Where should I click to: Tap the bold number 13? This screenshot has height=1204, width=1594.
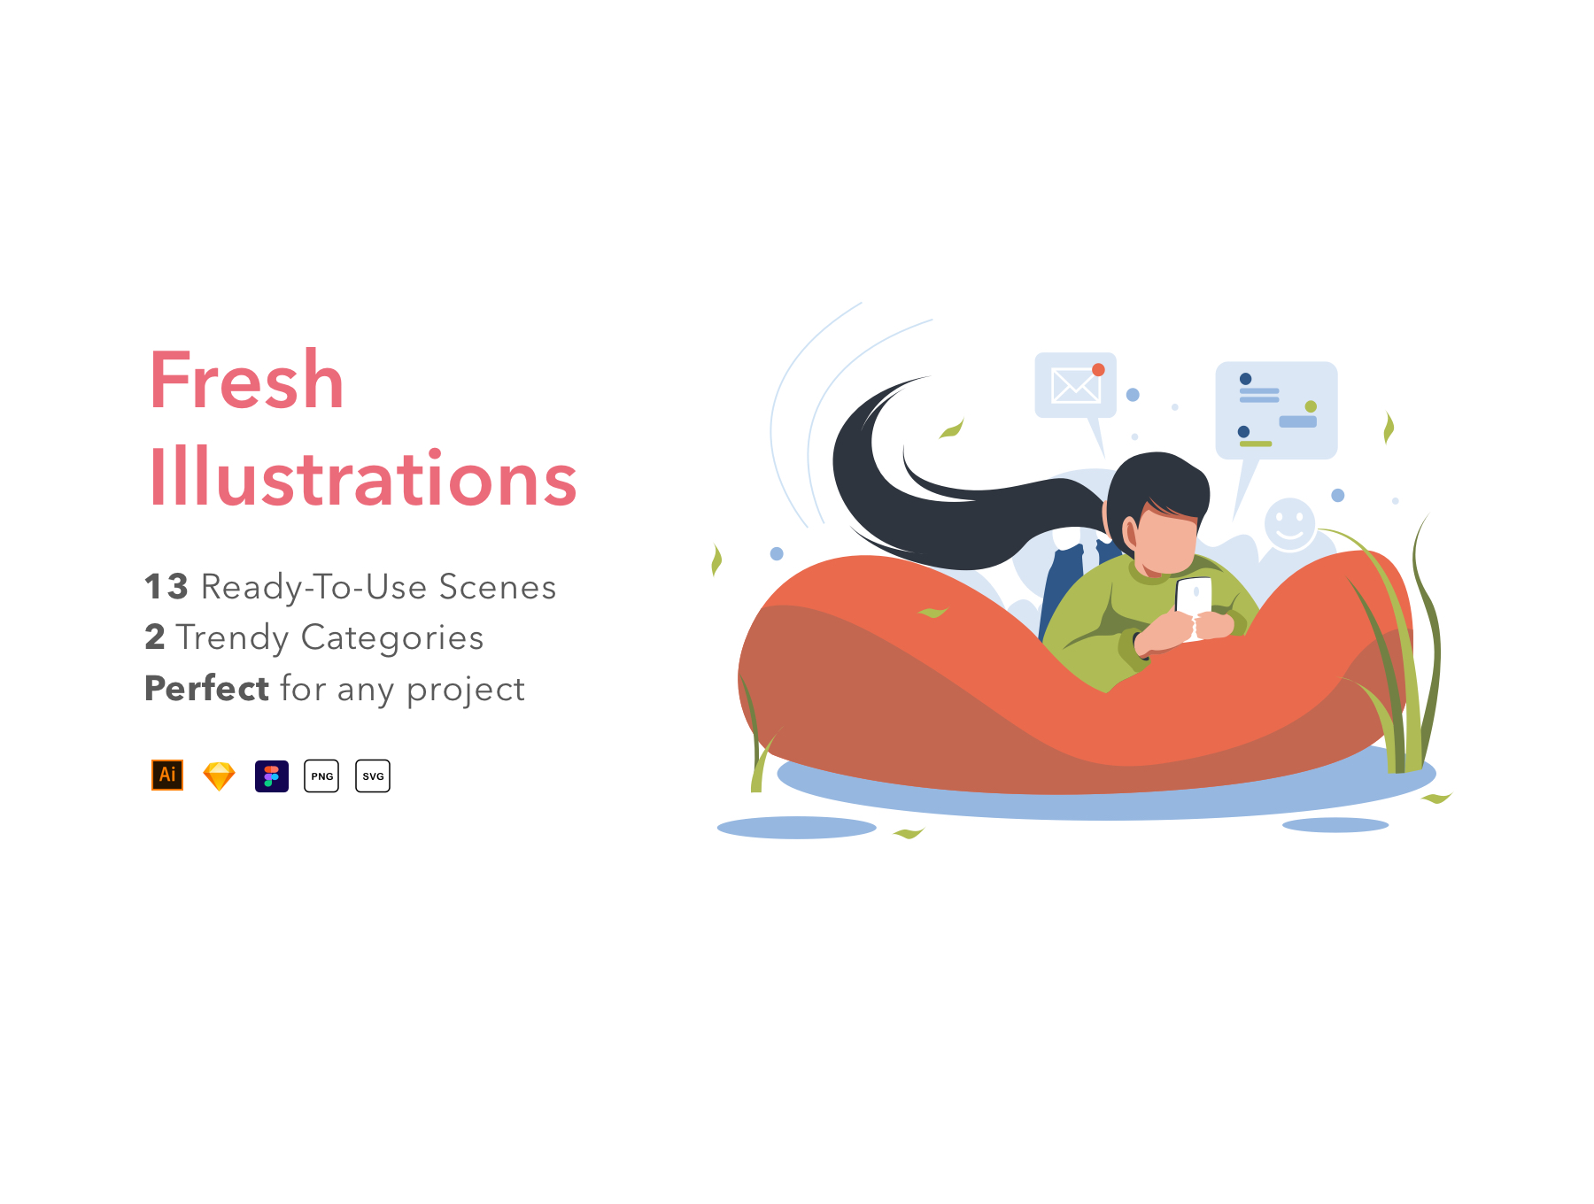[x=166, y=587]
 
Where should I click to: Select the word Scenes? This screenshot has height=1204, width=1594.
[x=498, y=587]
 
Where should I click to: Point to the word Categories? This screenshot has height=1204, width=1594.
[x=392, y=638]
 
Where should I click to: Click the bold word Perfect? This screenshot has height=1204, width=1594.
[x=206, y=688]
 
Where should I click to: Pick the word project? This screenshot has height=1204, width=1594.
[x=466, y=691]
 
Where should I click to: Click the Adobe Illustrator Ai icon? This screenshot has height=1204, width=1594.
[x=167, y=776]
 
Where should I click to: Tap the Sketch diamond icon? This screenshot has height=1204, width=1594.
[x=219, y=776]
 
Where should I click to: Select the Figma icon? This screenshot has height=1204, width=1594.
[x=272, y=776]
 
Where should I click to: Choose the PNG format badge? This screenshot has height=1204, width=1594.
[x=321, y=776]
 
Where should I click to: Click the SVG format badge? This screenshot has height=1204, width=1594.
[x=373, y=776]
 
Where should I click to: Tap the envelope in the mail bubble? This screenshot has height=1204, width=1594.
[x=1075, y=385]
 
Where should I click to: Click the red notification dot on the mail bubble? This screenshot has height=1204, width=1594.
[x=1098, y=370]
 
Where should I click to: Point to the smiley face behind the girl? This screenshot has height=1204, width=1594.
[x=1289, y=524]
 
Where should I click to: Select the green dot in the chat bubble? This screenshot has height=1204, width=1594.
[x=1311, y=406]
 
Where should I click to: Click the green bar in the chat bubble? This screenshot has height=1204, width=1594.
[x=1256, y=444]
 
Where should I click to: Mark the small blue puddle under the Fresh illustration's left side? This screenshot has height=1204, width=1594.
[x=796, y=828]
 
